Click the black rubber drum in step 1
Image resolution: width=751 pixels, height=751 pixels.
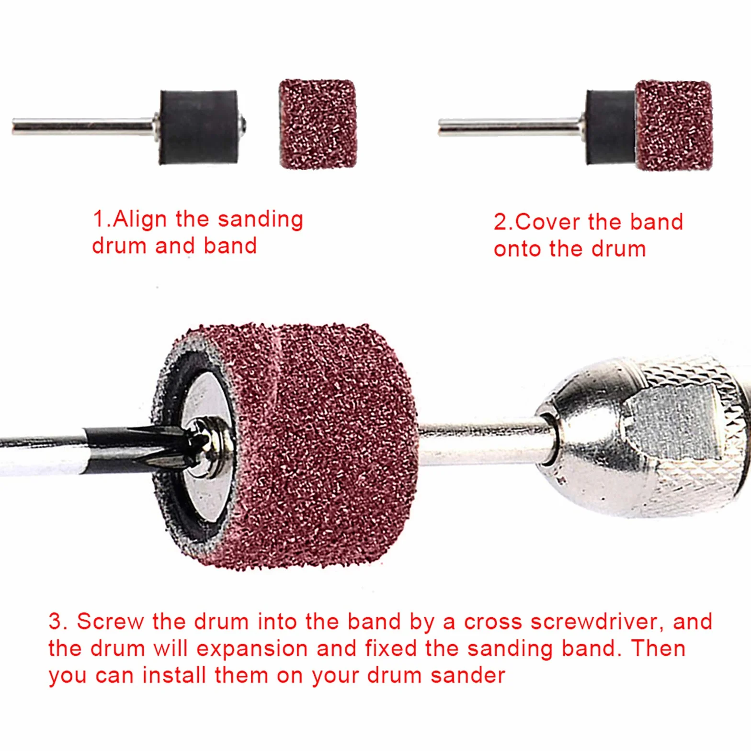199,127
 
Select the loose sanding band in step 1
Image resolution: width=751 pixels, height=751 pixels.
318,124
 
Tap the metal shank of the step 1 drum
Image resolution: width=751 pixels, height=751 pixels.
84,127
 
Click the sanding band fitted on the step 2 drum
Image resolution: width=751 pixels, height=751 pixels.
674,125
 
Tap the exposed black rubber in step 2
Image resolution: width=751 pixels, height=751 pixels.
611,127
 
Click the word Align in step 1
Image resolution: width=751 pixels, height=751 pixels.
140,220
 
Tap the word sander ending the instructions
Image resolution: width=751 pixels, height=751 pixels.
467,675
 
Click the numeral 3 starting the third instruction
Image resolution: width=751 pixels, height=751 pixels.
56,622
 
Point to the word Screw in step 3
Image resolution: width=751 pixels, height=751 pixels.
110,622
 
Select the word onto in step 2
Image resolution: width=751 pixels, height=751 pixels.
517,250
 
